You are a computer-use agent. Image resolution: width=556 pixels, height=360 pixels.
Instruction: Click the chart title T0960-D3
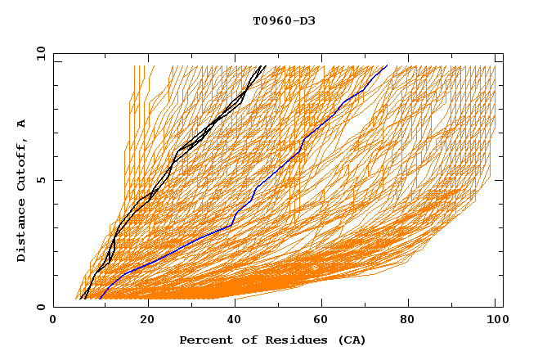(x=284, y=20)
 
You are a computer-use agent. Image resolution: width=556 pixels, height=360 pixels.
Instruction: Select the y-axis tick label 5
(x=40, y=180)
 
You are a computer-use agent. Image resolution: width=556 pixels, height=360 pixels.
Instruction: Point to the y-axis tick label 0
(x=40, y=307)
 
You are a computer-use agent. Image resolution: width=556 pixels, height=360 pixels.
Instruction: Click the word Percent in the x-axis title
(x=205, y=340)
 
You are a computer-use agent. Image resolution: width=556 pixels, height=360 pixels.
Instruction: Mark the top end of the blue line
(x=388, y=65)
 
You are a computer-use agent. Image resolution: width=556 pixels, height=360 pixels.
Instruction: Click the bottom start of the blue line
(x=100, y=299)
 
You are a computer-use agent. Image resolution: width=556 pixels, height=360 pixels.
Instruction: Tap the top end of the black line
(x=263, y=65)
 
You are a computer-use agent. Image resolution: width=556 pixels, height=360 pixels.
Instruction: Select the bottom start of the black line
(x=82, y=299)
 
